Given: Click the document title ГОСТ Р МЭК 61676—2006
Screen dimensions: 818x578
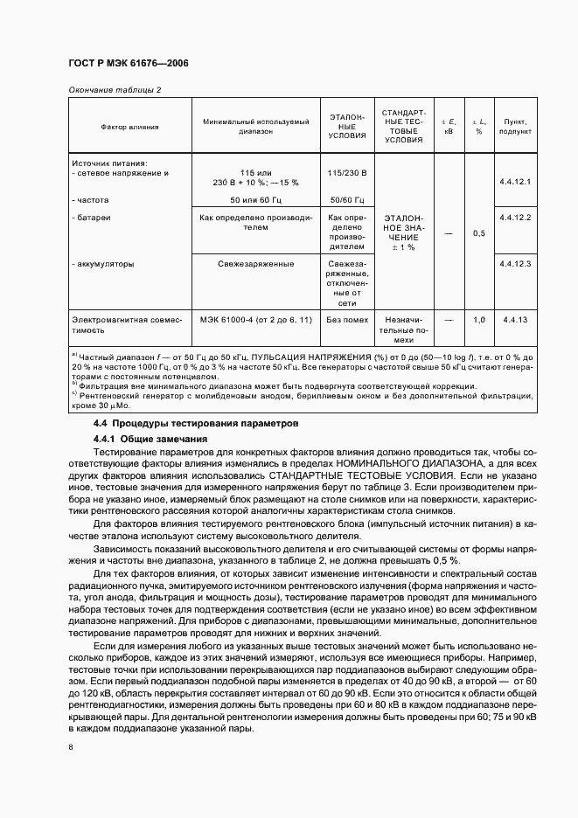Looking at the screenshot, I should [x=128, y=64].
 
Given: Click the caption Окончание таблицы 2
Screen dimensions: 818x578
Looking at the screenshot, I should [x=114, y=90].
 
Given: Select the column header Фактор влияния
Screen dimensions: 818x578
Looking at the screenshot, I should [x=129, y=127].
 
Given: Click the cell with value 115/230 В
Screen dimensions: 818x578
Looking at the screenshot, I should [x=347, y=173].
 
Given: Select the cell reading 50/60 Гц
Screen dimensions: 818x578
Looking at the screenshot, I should [x=347, y=200].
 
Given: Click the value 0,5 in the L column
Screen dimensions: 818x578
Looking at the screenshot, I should [x=478, y=233].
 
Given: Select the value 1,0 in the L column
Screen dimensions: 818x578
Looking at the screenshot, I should [x=478, y=321].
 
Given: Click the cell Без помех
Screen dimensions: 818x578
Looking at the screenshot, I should [x=347, y=321].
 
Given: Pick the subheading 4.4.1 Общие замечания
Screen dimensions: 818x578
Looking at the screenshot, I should [x=150, y=438].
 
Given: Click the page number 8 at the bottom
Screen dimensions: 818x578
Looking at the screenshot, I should [x=71, y=746].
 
